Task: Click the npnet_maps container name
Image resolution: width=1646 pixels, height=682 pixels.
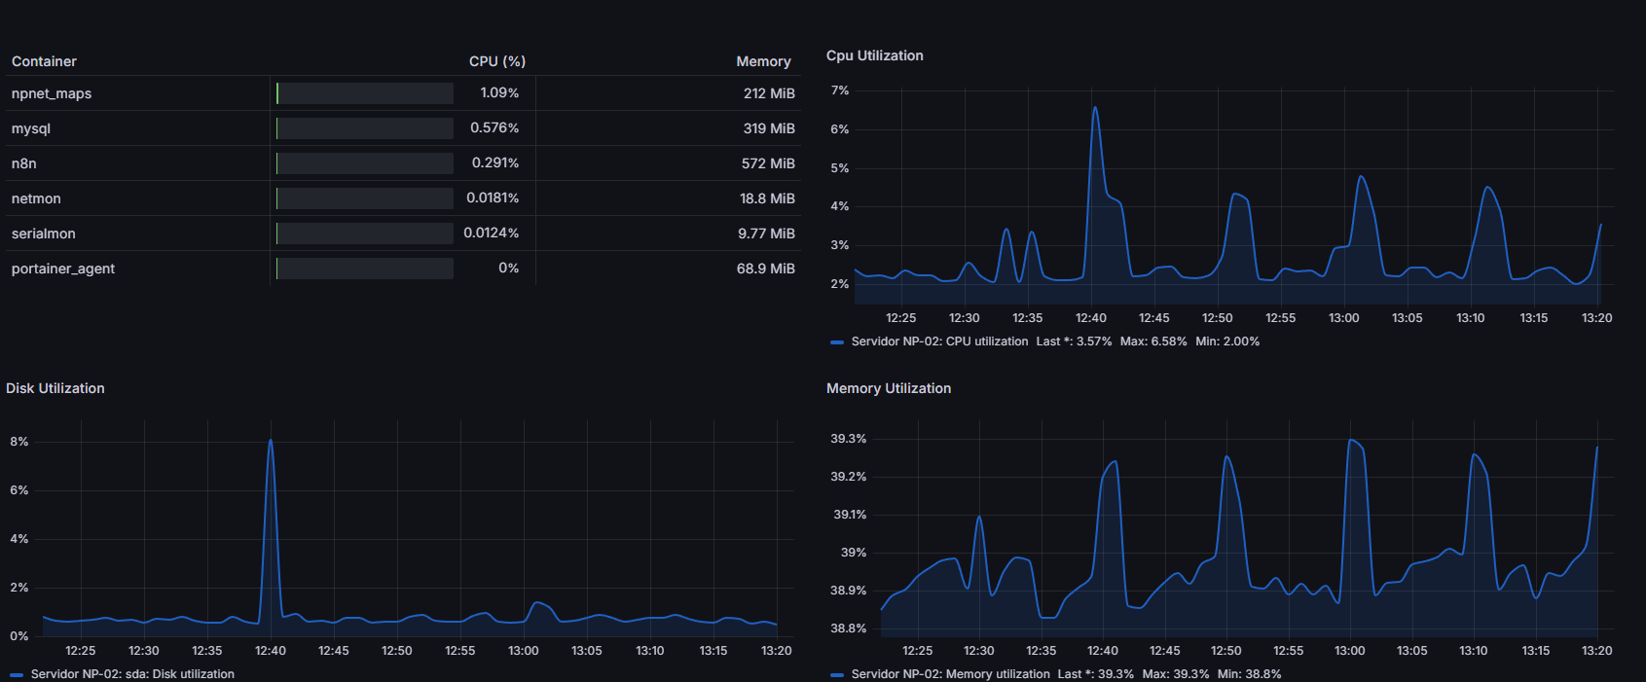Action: pos(52,93)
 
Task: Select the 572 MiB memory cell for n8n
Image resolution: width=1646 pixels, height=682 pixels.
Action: pos(767,163)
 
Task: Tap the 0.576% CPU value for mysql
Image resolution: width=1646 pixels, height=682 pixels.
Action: pos(494,127)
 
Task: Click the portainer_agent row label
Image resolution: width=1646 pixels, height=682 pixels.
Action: pos(63,269)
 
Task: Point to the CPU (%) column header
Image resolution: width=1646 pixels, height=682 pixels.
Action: pos(496,61)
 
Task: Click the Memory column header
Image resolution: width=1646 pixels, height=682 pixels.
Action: pos(763,61)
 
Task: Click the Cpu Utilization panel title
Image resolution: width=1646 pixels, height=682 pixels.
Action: pos(874,55)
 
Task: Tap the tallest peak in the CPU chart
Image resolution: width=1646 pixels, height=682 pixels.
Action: pos(1095,108)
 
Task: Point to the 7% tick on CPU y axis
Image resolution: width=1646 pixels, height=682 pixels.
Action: pos(839,90)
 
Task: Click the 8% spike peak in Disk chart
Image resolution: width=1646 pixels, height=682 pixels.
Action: pos(271,441)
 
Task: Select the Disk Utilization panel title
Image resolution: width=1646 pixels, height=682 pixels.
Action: pos(55,388)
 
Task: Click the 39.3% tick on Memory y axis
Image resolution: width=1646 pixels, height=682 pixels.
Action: pos(848,439)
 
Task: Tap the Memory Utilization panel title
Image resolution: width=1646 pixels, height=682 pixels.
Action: pos(888,388)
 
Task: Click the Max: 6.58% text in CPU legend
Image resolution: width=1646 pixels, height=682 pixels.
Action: pos(1153,341)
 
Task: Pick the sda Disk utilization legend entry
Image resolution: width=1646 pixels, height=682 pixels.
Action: pos(131,674)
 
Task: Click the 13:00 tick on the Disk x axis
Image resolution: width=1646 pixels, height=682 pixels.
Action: pos(523,651)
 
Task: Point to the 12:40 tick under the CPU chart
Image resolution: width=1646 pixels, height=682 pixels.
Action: pos(1090,318)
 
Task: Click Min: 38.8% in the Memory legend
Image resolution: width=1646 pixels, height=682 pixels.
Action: pos(1249,674)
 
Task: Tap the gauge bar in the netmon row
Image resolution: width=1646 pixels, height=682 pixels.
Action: pos(364,198)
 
